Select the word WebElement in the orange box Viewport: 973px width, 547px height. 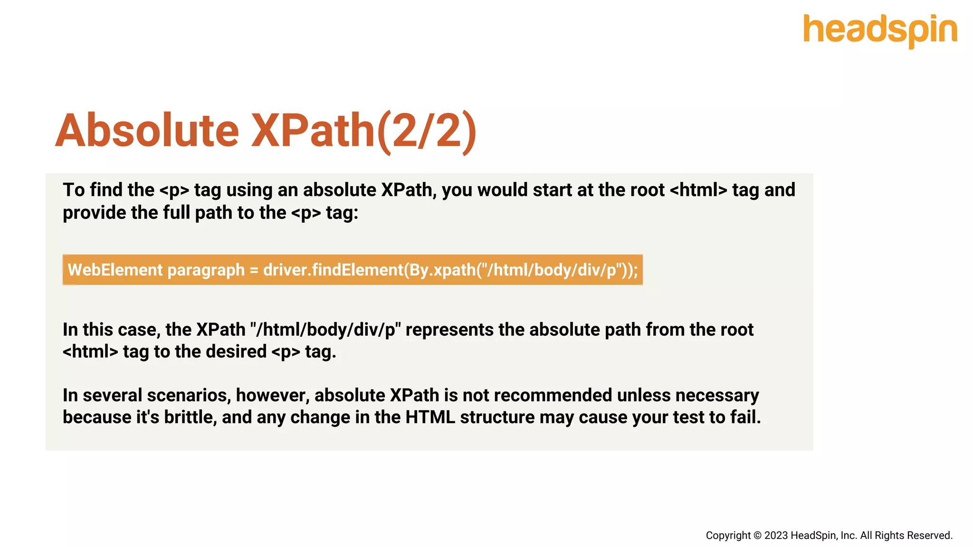(115, 270)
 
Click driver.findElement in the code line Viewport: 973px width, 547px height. (333, 270)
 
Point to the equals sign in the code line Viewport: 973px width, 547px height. (254, 271)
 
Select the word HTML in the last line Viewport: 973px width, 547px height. (430, 417)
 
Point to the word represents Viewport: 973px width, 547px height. (449, 330)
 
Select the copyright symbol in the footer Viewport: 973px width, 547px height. (757, 536)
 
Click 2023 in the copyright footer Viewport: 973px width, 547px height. (776, 536)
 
